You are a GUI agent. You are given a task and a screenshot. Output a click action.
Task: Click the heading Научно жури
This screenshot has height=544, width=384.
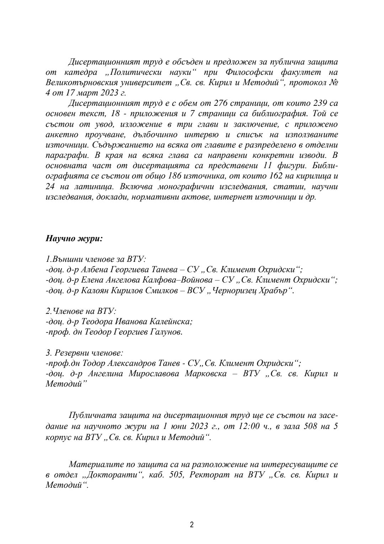[74, 238]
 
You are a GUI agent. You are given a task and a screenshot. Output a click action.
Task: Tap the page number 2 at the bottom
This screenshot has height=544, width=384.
[192, 524]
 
